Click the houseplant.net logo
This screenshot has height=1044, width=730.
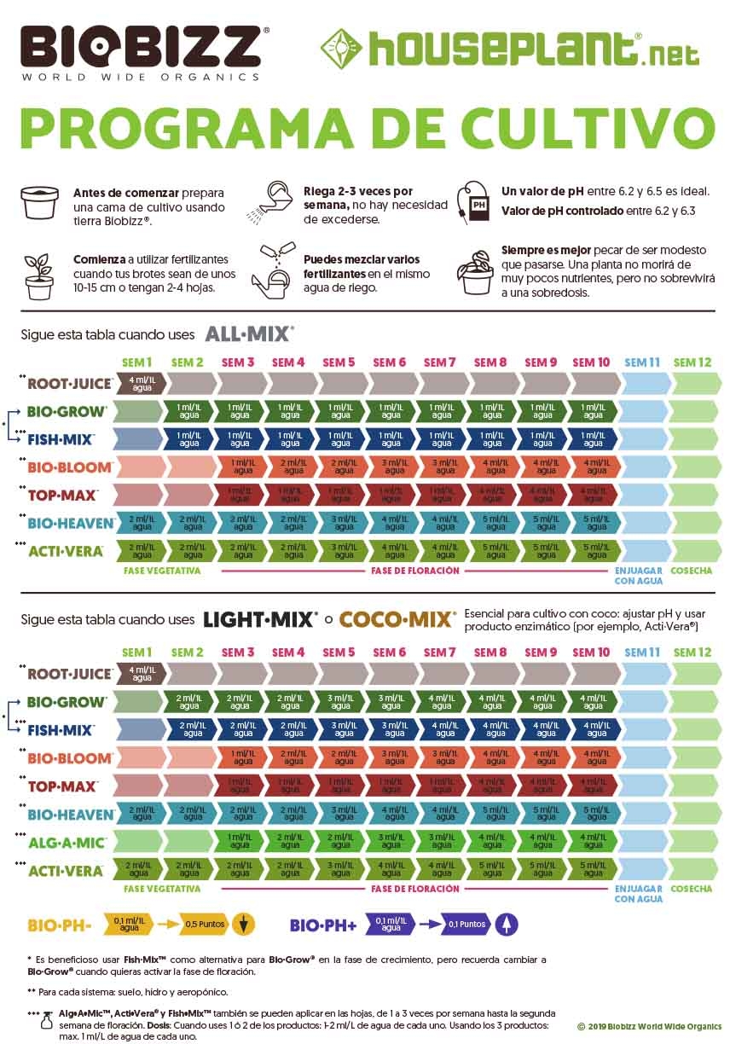tap(509, 49)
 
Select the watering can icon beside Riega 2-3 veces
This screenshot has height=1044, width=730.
tap(279, 200)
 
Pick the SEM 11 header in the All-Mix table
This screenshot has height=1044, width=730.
tap(642, 362)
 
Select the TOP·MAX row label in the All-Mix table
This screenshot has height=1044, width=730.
tap(63, 495)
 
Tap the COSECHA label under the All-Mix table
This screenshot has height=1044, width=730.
tap(691, 571)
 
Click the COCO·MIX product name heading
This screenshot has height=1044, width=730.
tap(397, 620)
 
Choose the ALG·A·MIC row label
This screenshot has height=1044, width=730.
tap(66, 843)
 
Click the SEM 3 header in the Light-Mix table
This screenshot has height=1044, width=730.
tap(238, 652)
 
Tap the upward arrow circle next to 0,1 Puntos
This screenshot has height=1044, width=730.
tap(507, 924)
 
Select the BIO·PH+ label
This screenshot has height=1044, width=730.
tap(322, 925)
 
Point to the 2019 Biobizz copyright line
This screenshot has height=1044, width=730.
tap(649, 1026)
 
